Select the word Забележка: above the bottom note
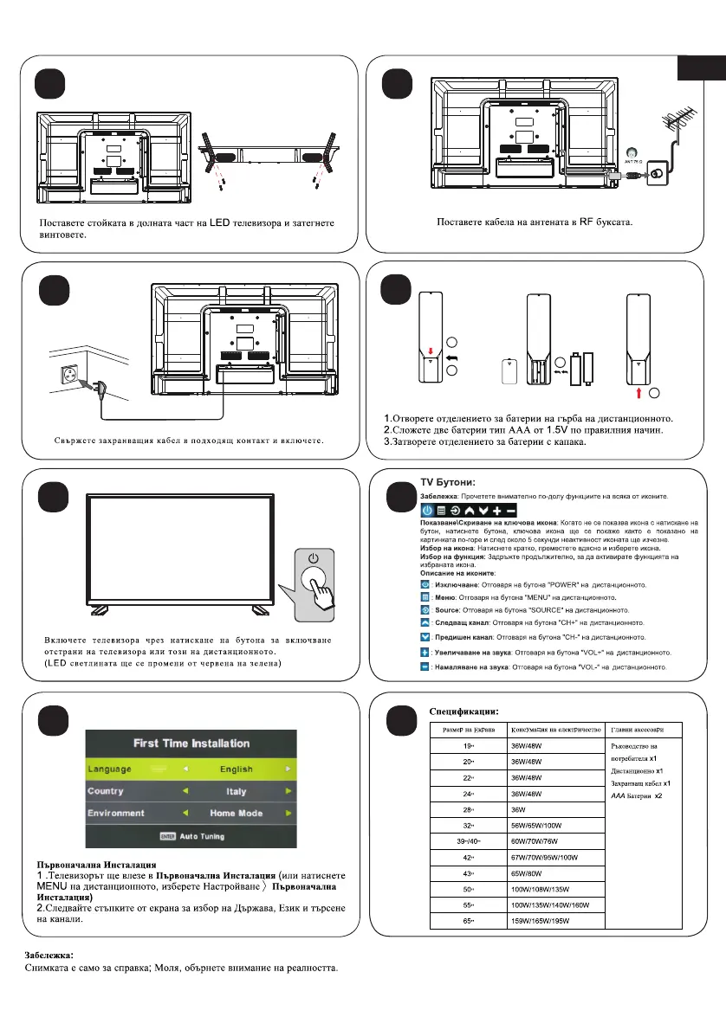49,955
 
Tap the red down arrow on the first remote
431,351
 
